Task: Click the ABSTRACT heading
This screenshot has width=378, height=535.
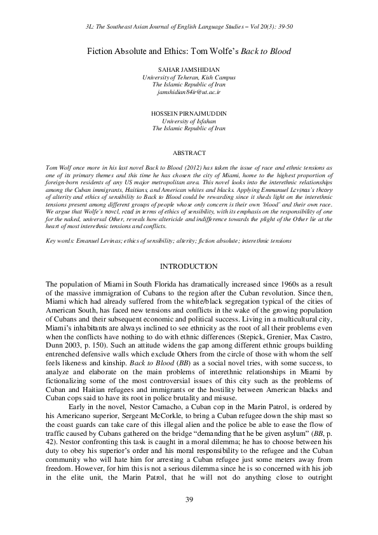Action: tap(189, 153)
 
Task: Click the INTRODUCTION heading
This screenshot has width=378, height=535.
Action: tap(189, 266)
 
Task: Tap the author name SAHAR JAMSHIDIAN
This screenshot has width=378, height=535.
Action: tap(189, 68)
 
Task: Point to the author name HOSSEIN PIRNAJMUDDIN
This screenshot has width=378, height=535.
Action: tap(189, 112)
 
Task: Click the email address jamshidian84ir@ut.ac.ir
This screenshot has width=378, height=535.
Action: tap(189, 92)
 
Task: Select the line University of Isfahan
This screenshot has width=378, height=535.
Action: tap(189, 120)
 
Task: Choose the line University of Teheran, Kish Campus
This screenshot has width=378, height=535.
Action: tap(189, 76)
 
